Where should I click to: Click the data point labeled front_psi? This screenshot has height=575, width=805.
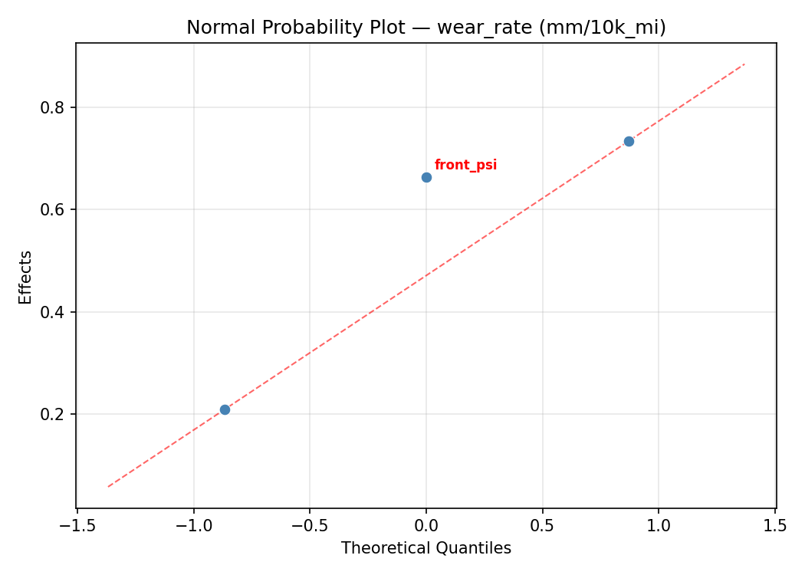[426, 177]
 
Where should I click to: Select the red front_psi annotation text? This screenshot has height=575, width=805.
[465, 165]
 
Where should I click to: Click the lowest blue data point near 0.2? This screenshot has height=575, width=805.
[225, 409]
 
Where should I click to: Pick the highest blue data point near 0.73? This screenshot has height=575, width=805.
[629, 141]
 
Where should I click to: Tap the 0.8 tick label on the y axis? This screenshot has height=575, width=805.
[52, 107]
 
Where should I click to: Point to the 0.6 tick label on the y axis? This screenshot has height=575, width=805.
[52, 210]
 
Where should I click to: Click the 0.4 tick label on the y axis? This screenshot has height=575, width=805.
[52, 312]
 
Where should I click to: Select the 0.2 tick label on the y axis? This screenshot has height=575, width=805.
[52, 415]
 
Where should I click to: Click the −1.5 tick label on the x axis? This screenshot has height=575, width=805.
[77, 526]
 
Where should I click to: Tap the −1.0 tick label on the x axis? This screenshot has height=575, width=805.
[193, 526]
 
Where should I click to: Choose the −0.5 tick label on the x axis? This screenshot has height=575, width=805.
[310, 526]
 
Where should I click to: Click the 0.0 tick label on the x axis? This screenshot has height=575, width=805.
[426, 526]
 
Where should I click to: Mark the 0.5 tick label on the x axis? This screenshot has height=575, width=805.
[543, 526]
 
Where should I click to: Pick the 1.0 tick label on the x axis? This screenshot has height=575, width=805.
[659, 526]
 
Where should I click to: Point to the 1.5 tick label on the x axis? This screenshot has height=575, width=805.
[775, 526]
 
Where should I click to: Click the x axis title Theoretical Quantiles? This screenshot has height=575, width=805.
[426, 548]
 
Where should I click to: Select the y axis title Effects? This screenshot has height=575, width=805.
[26, 277]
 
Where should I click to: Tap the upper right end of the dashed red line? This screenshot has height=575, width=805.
[744, 64]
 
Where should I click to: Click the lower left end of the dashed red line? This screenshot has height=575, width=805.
[109, 486]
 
